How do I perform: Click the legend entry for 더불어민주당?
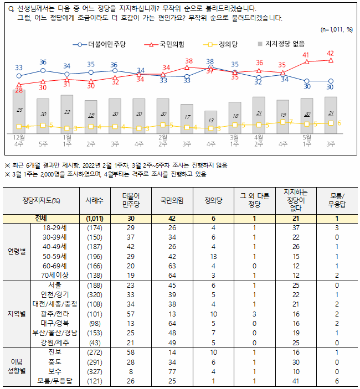point(100,43)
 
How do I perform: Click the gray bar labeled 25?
point(19,111)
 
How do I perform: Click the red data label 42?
point(330,54)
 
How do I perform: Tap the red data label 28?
point(19,90)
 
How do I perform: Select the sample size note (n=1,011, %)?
point(336,29)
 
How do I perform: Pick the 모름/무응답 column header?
point(337,200)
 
